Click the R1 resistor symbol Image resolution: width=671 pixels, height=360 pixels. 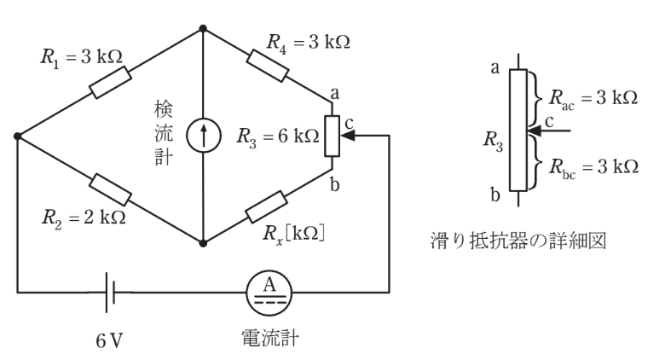(x=110, y=83)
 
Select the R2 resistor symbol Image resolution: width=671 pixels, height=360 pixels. (x=111, y=189)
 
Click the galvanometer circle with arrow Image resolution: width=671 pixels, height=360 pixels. (x=203, y=136)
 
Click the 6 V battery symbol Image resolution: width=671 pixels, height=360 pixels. (x=110, y=293)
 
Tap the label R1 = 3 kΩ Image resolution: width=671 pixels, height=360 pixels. (x=81, y=58)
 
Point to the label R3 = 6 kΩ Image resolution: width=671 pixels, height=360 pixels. (x=279, y=136)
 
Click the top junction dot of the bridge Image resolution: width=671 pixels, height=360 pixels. (x=203, y=28)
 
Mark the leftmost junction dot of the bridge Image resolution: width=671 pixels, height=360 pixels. (x=18, y=136)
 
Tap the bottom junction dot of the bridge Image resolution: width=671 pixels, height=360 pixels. (x=203, y=243)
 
